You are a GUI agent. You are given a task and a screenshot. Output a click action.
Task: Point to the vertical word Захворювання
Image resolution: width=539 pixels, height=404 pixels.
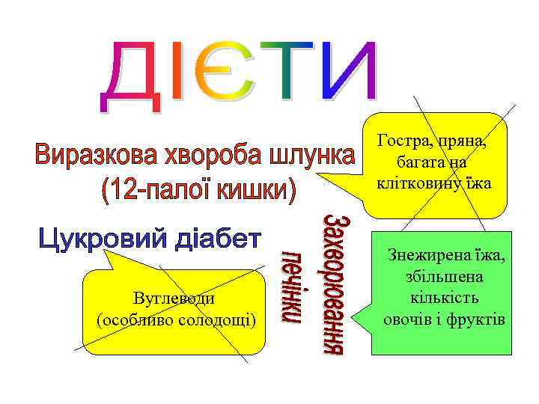coord(334,285)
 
